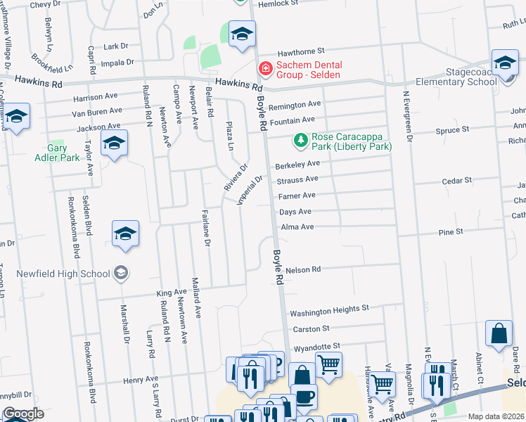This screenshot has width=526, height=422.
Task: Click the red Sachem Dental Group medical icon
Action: [x=265, y=68]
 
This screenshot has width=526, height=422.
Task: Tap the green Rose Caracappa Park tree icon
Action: [x=301, y=141]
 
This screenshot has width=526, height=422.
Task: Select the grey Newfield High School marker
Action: [x=121, y=274]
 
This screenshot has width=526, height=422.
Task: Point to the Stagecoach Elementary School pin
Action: [x=504, y=64]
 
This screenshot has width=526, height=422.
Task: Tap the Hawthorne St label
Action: [x=300, y=51]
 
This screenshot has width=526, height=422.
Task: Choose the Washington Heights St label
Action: [x=330, y=309]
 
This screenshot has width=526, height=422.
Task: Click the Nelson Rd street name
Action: [x=304, y=269]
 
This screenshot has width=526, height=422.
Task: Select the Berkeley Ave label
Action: [x=297, y=164]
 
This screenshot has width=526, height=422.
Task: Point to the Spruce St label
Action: [x=451, y=130]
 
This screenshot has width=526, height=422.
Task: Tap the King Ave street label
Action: [x=172, y=292]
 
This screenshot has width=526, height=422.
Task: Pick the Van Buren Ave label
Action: [x=97, y=112]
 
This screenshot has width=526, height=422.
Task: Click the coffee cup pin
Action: [x=304, y=395]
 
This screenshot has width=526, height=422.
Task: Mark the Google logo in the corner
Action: [x=23, y=414]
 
